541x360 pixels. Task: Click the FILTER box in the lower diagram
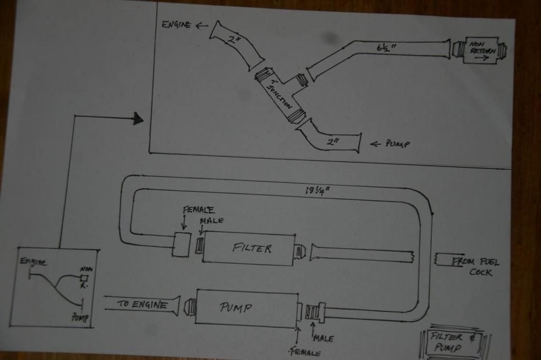tap(249, 249)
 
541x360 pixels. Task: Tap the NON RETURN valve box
tap(481, 50)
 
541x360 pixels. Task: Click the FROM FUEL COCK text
tap(475, 266)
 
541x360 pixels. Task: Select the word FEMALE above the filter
tap(199, 210)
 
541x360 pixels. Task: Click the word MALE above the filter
tap(211, 221)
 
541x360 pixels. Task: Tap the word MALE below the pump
tap(323, 338)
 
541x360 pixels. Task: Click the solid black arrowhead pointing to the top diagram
tap(138, 118)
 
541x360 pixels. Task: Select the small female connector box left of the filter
tap(181, 245)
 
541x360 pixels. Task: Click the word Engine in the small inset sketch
tap(33, 262)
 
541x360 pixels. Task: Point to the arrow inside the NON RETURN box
tap(481, 58)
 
